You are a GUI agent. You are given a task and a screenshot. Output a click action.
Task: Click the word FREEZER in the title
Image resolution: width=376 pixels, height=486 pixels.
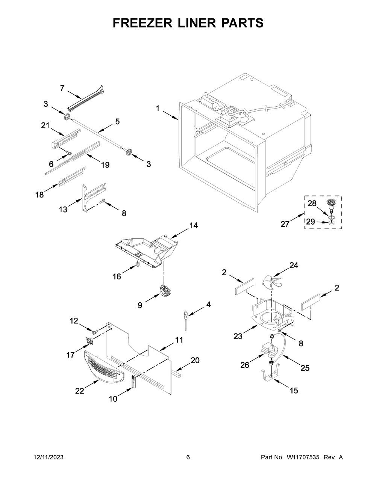click(143, 23)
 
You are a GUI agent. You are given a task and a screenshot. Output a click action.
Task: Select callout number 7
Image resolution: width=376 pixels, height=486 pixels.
click(62, 88)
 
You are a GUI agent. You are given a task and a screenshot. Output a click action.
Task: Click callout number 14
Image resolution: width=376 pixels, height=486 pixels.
click(194, 226)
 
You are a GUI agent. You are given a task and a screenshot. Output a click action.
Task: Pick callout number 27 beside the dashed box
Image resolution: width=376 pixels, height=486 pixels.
click(285, 224)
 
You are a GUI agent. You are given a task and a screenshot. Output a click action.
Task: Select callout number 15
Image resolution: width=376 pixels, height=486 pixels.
click(294, 391)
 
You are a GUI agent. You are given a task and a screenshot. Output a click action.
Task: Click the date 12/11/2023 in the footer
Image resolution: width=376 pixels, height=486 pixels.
click(49, 457)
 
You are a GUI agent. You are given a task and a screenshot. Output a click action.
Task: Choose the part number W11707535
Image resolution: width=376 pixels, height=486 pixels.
click(303, 457)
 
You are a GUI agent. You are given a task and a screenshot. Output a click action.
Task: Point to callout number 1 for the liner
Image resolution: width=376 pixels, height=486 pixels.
click(158, 109)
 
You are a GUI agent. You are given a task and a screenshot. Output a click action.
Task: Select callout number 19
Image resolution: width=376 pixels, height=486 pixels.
click(105, 165)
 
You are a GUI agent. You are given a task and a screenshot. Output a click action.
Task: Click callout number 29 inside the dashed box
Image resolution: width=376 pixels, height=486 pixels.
click(311, 222)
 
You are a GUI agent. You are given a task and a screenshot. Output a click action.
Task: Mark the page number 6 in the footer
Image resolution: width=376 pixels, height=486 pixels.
click(188, 457)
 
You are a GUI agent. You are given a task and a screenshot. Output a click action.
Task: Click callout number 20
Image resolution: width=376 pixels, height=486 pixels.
click(195, 360)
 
